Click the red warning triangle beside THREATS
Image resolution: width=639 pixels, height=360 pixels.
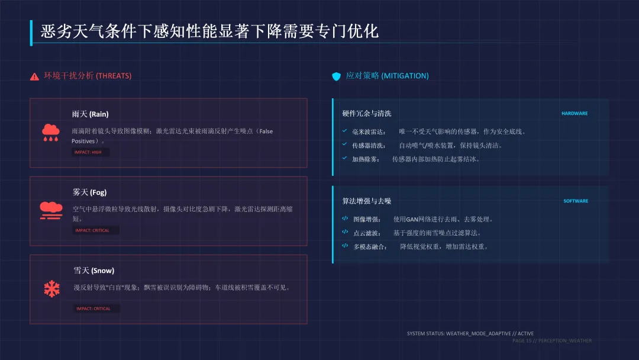(34, 76)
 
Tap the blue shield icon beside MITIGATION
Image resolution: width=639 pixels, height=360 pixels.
(336, 76)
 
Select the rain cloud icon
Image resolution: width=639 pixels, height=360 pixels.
(50, 132)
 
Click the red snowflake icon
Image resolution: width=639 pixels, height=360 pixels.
(51, 288)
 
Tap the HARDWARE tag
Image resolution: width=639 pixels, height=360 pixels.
(574, 114)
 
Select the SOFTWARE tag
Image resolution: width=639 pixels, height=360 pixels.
(575, 201)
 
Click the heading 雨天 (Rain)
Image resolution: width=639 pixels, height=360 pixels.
(90, 114)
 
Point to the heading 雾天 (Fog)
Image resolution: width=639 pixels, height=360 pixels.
(89, 192)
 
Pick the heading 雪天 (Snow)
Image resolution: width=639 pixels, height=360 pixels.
(93, 271)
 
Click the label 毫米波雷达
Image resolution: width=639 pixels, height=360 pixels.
(369, 131)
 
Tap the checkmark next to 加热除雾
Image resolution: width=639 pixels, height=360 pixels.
(344, 158)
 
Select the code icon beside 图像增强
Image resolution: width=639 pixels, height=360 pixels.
(345, 218)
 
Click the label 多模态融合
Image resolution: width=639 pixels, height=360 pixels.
(370, 246)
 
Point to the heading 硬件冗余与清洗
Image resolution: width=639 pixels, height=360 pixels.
(366, 114)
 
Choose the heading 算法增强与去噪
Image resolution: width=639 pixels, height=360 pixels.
(366, 201)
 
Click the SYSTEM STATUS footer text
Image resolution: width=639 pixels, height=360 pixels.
(470, 333)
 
